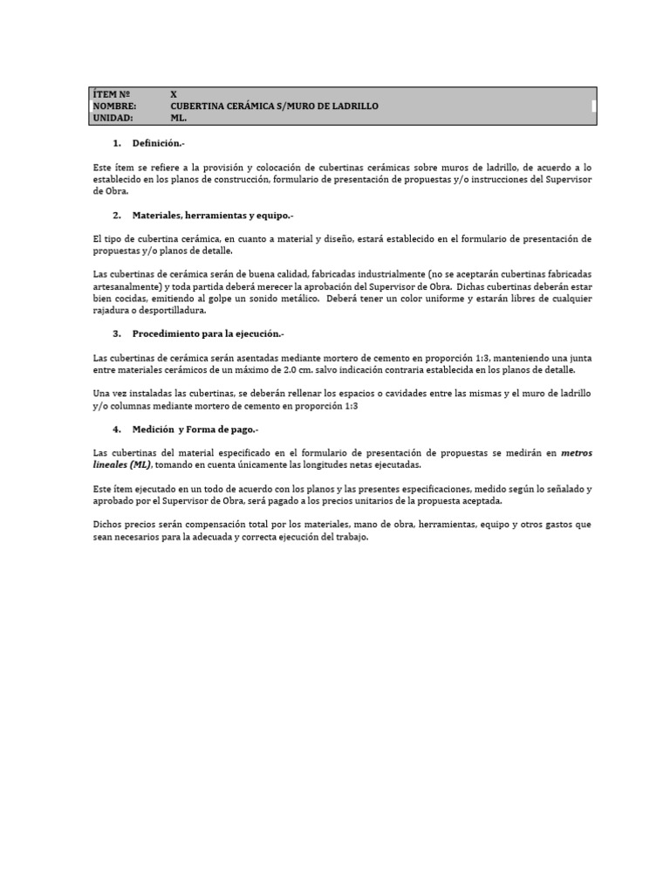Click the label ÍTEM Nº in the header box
point(111,94)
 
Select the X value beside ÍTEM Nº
point(174,94)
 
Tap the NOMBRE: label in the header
point(114,106)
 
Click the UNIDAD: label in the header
point(113,117)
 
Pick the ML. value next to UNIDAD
point(179,117)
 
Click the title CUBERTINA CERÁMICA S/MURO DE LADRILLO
point(275,106)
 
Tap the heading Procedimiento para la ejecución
point(209,334)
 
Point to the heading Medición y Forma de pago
point(195,430)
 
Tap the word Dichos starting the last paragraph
point(108,525)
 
